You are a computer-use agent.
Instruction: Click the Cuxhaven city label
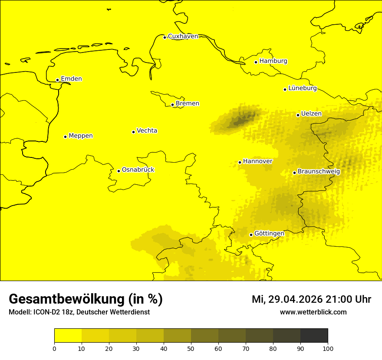tap(183, 36)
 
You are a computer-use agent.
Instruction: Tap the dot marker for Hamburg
tap(256, 62)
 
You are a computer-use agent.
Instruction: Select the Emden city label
tap(71, 79)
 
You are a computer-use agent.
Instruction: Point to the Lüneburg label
tap(302, 88)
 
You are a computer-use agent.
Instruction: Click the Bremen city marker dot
tap(172, 105)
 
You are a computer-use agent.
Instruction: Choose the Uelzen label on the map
tap(311, 114)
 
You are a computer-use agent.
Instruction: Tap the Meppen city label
tap(80, 136)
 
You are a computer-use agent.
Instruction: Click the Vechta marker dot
tap(133, 132)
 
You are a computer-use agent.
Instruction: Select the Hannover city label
tap(257, 161)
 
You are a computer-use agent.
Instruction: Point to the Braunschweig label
tap(319, 171)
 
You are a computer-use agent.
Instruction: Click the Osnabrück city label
tap(138, 170)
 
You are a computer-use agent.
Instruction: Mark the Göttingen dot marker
tap(251, 235)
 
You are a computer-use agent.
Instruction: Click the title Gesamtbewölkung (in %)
tap(86, 299)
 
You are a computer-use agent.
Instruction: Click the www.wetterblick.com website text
tap(313, 312)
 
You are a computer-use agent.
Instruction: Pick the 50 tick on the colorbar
tap(191, 348)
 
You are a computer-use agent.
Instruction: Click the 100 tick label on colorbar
tap(328, 348)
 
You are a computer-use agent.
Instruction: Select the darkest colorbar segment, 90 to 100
tap(314, 336)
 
